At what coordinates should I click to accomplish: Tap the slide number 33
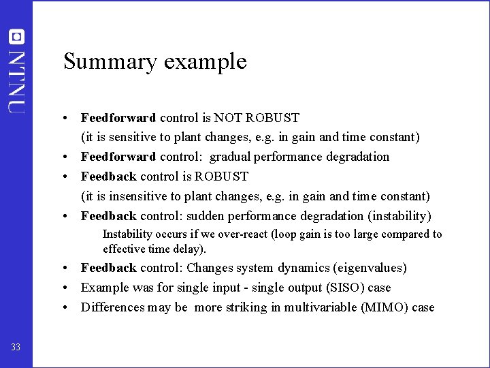pyautogui.click(x=16, y=348)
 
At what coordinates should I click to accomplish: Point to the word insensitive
pyautogui.click(x=127, y=196)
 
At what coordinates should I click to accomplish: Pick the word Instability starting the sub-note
pyautogui.click(x=128, y=234)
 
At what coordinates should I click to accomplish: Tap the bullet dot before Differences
pyautogui.click(x=71, y=307)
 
